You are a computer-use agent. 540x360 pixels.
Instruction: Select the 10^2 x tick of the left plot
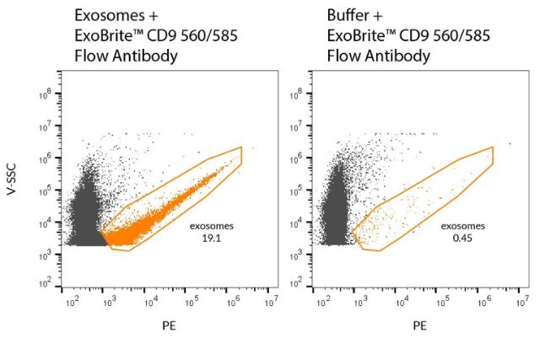68,301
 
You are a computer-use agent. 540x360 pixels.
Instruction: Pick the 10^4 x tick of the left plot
149,301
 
